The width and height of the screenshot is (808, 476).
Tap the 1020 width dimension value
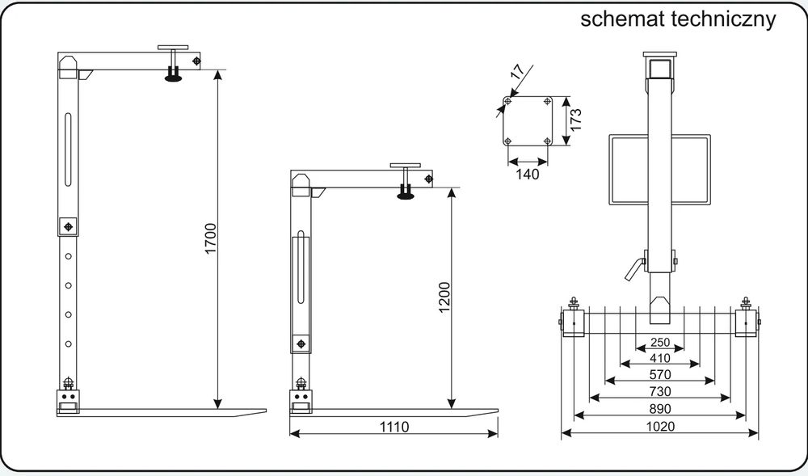[659, 427]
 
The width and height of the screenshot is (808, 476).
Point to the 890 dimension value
[659, 409]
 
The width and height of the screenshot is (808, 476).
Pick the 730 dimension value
[659, 391]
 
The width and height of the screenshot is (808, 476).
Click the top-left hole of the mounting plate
[507, 101]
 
